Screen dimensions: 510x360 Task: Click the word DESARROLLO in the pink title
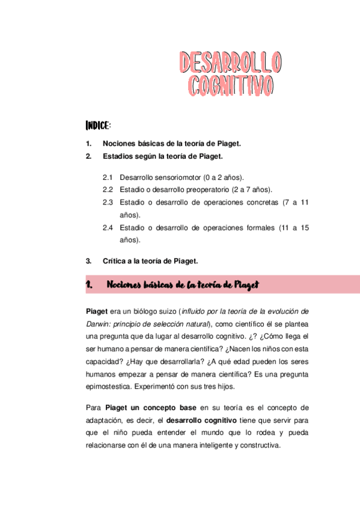click(x=231, y=62)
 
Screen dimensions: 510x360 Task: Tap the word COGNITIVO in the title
click(x=231, y=85)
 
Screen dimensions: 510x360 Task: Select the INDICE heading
click(x=98, y=126)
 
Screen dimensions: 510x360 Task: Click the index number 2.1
click(x=108, y=178)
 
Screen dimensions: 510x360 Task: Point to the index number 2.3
click(x=108, y=202)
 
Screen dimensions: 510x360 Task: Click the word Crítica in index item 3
click(x=115, y=261)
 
